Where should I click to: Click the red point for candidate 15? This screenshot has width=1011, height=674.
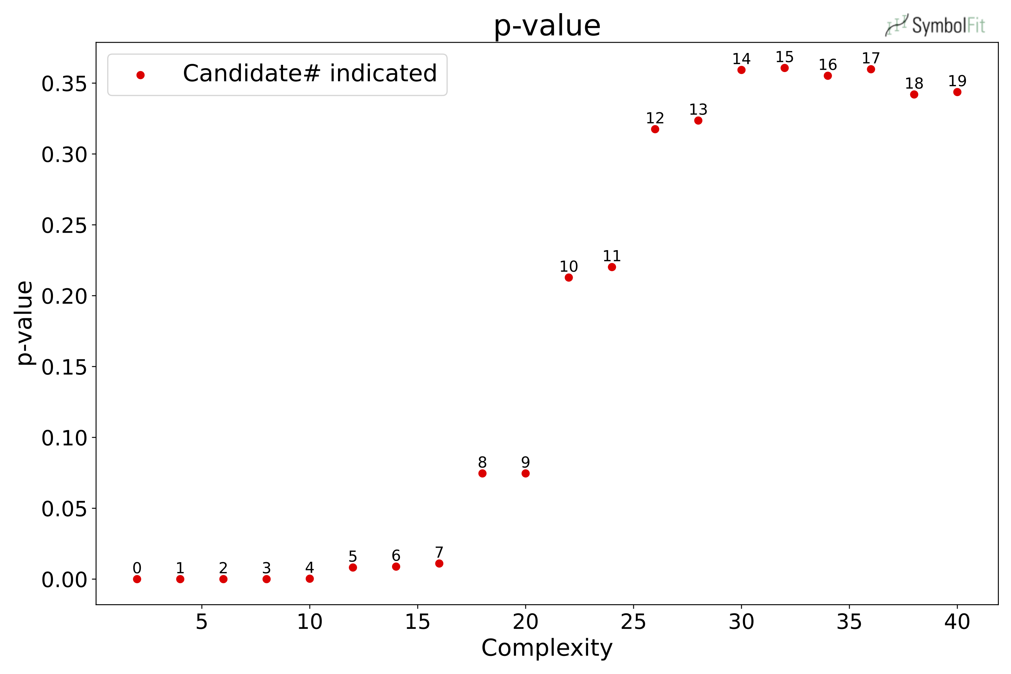coord(785,68)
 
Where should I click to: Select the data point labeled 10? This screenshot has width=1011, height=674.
coord(569,278)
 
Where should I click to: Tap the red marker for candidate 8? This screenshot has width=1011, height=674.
coord(482,473)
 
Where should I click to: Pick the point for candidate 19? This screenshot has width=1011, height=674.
coord(957,92)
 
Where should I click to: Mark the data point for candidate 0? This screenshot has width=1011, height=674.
coord(137,579)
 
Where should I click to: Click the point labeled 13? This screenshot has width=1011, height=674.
coord(698,121)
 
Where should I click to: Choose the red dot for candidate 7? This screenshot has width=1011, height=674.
coord(439,563)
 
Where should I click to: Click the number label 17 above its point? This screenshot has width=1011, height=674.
coord(871,58)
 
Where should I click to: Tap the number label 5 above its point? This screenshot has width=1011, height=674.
coord(353,556)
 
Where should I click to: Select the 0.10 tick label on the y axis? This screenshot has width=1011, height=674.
coord(64,438)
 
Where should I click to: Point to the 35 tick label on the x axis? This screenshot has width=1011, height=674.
coord(849,622)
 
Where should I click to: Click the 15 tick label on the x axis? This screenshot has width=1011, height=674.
coord(417,622)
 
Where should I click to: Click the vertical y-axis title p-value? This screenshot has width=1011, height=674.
coord(25,323)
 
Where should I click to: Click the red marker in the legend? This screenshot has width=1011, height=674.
coord(141,75)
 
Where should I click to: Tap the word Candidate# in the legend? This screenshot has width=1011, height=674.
coord(251,73)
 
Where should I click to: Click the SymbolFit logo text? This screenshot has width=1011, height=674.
coord(948,26)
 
